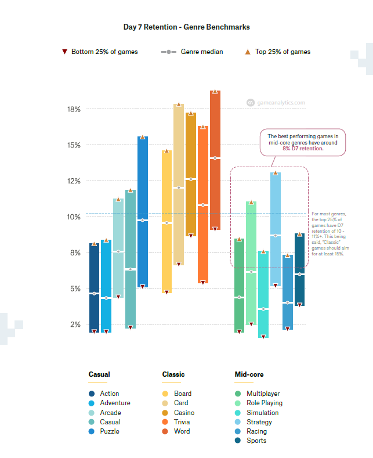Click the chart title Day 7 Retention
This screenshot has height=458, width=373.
click(186, 27)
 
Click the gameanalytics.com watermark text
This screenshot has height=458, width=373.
click(280, 103)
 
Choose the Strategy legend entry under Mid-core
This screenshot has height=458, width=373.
click(259, 422)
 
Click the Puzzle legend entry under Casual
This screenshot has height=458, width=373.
click(109, 431)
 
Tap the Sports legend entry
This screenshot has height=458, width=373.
click(256, 441)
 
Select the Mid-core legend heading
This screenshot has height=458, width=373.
click(249, 374)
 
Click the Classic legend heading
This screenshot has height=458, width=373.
click(173, 374)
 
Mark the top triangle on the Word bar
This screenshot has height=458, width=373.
click(215, 92)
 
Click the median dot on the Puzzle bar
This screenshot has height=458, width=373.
click(142, 221)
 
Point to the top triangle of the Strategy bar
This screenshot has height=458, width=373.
click(276, 172)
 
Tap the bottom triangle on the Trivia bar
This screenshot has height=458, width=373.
click(202, 283)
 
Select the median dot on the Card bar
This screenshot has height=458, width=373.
click(179, 188)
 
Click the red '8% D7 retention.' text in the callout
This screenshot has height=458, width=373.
click(303, 149)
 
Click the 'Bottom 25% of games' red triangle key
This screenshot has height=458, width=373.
click(65, 52)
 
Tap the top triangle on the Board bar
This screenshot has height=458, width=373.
click(166, 151)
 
